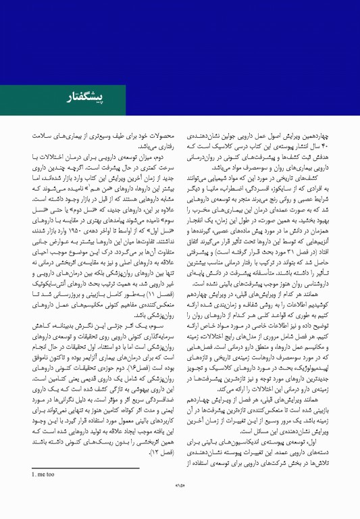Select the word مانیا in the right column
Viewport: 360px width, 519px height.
click(226, 190)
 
